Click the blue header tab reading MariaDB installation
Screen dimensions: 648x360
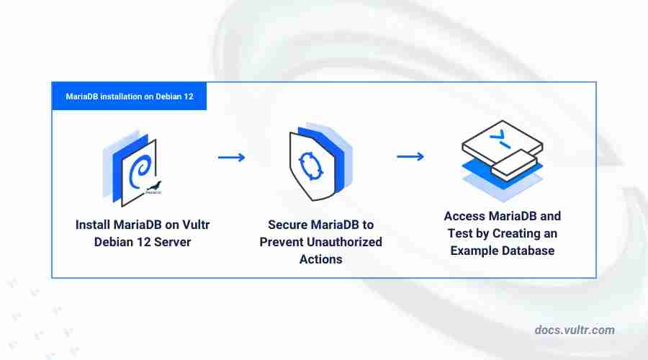click(x=129, y=96)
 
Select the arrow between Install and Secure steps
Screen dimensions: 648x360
click(x=231, y=157)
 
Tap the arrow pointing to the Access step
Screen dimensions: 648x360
click(x=410, y=156)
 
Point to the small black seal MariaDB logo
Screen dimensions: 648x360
click(x=154, y=188)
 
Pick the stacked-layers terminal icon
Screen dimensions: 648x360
click(x=502, y=161)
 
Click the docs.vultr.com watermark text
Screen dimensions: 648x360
click(x=574, y=330)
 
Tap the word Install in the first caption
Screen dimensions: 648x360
click(x=93, y=225)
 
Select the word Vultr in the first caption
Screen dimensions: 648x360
click(x=196, y=225)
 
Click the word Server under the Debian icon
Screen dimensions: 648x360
click(x=172, y=242)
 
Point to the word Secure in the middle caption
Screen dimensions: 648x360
click(x=287, y=225)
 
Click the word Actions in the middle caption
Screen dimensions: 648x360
click(x=320, y=259)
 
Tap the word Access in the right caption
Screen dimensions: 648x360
click(x=464, y=216)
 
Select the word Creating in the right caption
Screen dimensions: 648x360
click(x=516, y=233)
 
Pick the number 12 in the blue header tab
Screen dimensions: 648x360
click(x=189, y=96)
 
